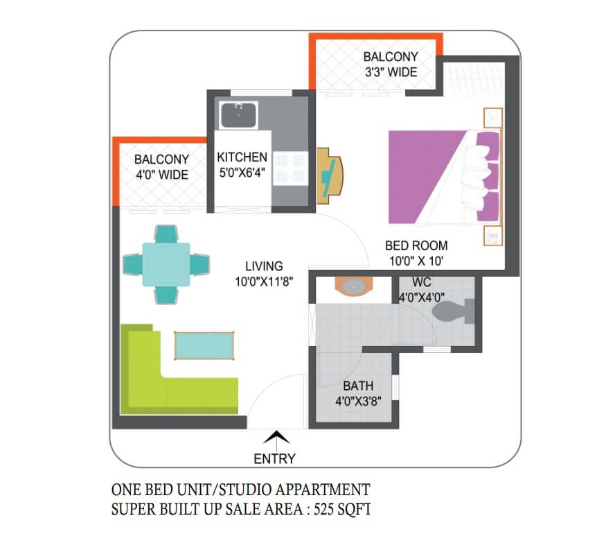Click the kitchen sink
(238, 115)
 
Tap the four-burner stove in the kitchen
(290, 169)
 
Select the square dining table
(166, 264)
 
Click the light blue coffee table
(204, 345)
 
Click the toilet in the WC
(453, 311)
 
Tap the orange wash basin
(354, 286)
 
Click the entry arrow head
(276, 438)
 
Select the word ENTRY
(274, 458)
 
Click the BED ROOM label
(416, 245)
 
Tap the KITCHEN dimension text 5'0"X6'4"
(242, 173)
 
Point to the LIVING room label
(264, 266)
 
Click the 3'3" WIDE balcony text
(391, 72)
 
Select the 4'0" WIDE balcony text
(162, 175)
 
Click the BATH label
(358, 386)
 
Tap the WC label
(422, 282)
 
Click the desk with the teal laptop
(330, 175)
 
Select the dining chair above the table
(166, 234)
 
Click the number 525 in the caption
(323, 509)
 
